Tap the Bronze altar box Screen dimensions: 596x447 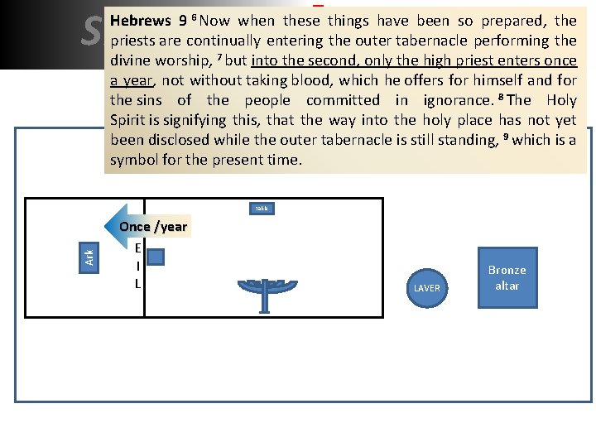tap(507, 277)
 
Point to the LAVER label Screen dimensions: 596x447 tap(427, 288)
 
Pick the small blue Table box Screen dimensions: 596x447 tap(262, 209)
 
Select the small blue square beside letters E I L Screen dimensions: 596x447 tap(155, 258)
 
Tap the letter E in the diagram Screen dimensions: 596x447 tap(137, 248)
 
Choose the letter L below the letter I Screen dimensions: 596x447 tap(137, 284)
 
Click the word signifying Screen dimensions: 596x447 tap(204, 120)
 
